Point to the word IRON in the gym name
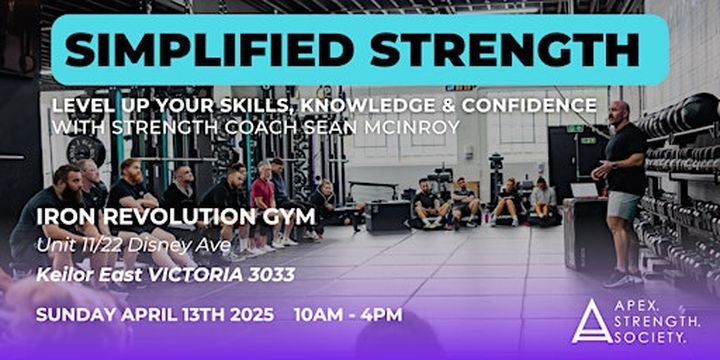tap(63, 218)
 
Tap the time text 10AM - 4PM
tap(349, 315)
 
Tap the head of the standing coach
tap(620, 111)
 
